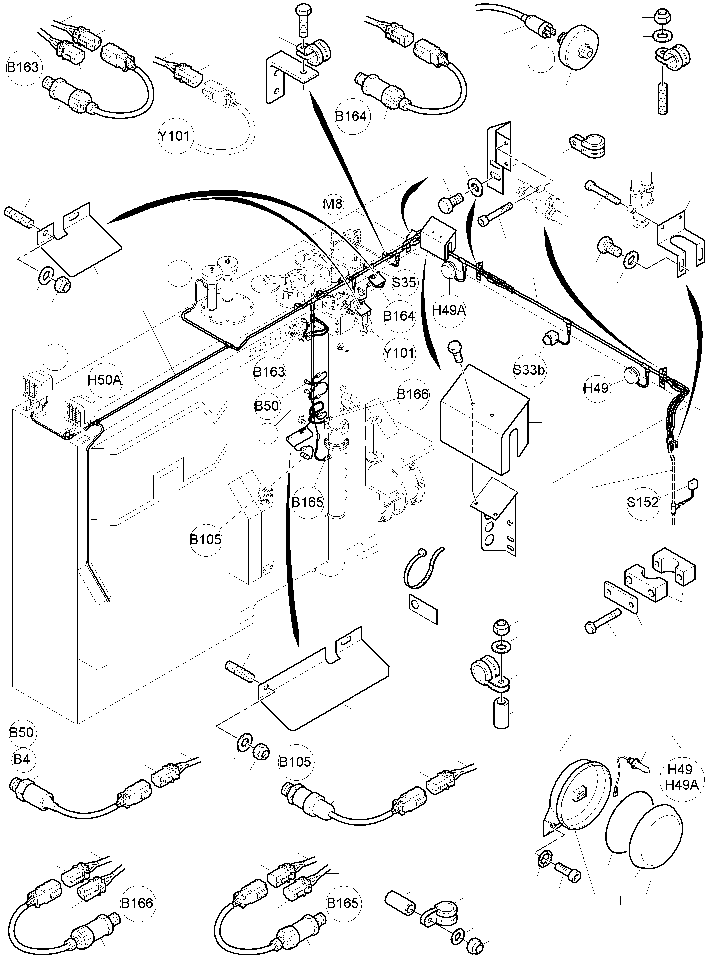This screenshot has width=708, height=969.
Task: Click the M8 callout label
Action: click(x=333, y=204)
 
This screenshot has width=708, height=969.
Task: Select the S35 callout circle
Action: click(x=404, y=282)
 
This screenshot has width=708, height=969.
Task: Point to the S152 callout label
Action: click(x=642, y=502)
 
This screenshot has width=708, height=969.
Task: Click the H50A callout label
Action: click(x=104, y=380)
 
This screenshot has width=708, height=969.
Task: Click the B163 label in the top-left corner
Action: click(x=23, y=67)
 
